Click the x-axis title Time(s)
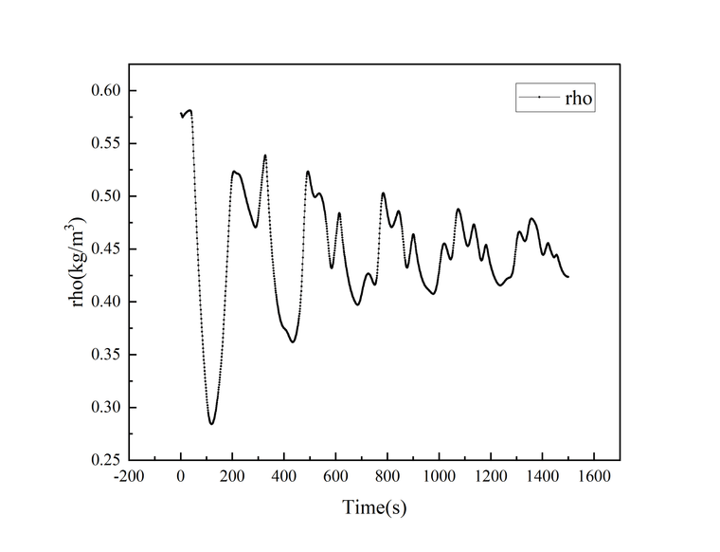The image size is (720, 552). tap(374, 507)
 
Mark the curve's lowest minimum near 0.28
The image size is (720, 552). tap(211, 424)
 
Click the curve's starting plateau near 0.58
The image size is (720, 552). tap(188, 112)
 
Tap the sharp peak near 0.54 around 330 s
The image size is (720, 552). tap(265, 156)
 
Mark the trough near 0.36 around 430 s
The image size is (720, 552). tap(293, 341)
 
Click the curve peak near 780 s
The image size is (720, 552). tap(383, 193)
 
